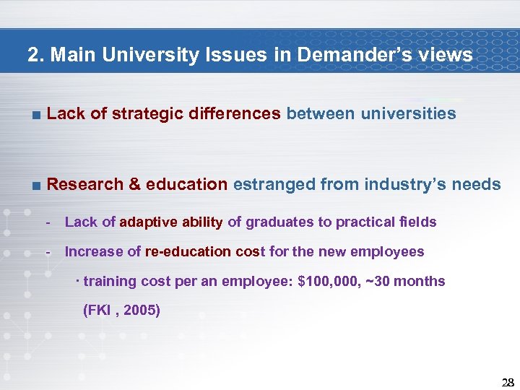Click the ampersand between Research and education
[135, 184]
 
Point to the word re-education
[188, 252]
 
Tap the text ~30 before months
[380, 282]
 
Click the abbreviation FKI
[99, 311]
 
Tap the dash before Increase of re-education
[48, 252]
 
